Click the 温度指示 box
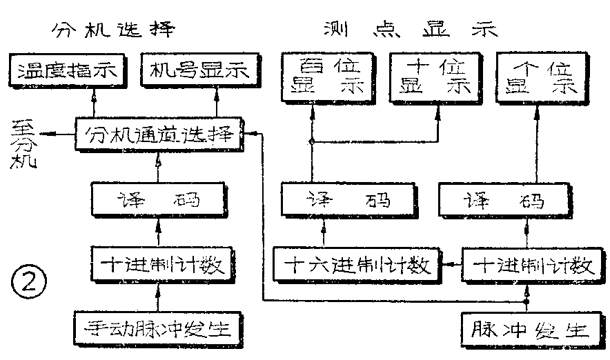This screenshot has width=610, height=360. pyautogui.click(x=67, y=70)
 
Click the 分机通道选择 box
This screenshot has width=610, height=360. pyautogui.click(x=158, y=133)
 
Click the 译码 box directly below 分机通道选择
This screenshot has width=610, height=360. pyautogui.click(x=159, y=200)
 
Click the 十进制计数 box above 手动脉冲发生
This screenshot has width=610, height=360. pyautogui.click(x=159, y=264)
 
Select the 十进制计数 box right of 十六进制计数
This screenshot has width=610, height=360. pyautogui.click(x=528, y=264)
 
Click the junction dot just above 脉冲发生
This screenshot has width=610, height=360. pyautogui.click(x=526, y=301)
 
